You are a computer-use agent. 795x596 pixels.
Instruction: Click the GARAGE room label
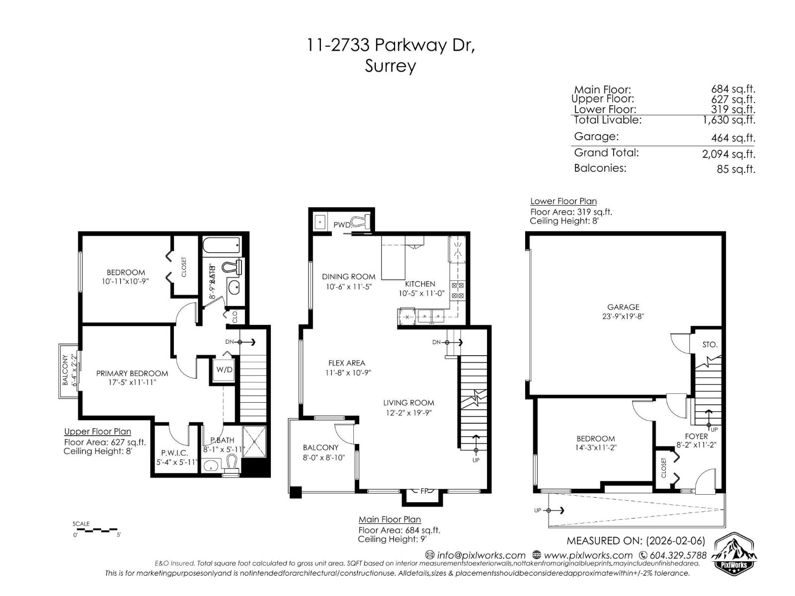[623, 307]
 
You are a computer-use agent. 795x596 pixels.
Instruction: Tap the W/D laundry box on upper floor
[224, 370]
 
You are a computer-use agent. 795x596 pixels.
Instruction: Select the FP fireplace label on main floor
[424, 491]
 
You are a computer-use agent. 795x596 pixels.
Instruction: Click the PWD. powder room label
[342, 224]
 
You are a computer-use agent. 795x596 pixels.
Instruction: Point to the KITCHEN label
[420, 284]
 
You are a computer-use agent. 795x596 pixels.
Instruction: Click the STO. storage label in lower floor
[710, 344]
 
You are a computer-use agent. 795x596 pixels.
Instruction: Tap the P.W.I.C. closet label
[174, 452]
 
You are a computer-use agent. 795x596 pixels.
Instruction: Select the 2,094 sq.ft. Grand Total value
[728, 154]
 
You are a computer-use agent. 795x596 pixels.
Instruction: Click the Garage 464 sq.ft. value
[733, 138]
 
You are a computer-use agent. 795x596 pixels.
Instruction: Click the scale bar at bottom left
[97, 529]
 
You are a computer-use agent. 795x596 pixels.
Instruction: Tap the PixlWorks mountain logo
[734, 554]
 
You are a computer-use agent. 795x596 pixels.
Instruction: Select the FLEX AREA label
[346, 363]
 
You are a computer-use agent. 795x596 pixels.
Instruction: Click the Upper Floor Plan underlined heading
[97, 432]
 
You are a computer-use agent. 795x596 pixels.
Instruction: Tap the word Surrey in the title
[390, 66]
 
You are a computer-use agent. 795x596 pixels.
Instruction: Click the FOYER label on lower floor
[696, 436]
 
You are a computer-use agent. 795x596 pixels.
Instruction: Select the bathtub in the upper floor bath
[222, 244]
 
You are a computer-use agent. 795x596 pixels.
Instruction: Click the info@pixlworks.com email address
[480, 555]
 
